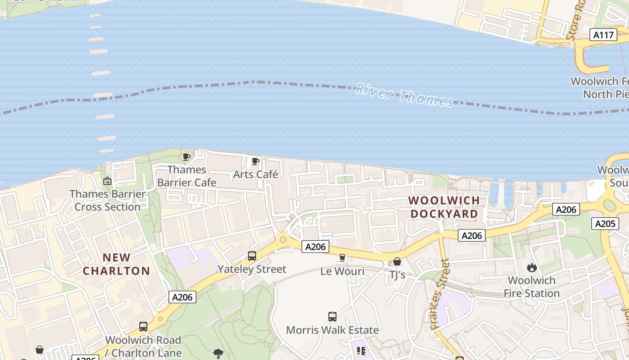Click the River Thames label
pyautogui.click(x=404, y=95)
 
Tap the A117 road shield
pyautogui.click(x=603, y=35)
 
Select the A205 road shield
pyautogui.click(x=605, y=224)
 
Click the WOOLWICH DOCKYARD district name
pyautogui.click(x=444, y=207)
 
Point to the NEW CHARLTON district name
pyautogui.click(x=116, y=264)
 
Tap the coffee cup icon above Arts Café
pyautogui.click(x=256, y=161)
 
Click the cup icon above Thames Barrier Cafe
pyautogui.click(x=186, y=157)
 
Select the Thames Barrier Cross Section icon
pyautogui.click(x=107, y=181)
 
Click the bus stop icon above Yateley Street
pyautogui.click(x=252, y=256)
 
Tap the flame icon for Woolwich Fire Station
pyautogui.click(x=532, y=267)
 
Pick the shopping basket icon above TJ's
pyautogui.click(x=397, y=261)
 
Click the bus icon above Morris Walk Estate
pyautogui.click(x=332, y=317)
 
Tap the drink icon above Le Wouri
pyautogui.click(x=342, y=258)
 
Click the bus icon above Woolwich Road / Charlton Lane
pyautogui.click(x=143, y=327)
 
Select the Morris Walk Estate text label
pyautogui.click(x=332, y=330)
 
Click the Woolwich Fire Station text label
pyautogui.click(x=532, y=287)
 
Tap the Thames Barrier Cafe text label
pyautogui.click(x=186, y=176)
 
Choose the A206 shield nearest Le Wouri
pyautogui.click(x=315, y=246)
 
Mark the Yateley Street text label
pyautogui.click(x=252, y=269)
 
